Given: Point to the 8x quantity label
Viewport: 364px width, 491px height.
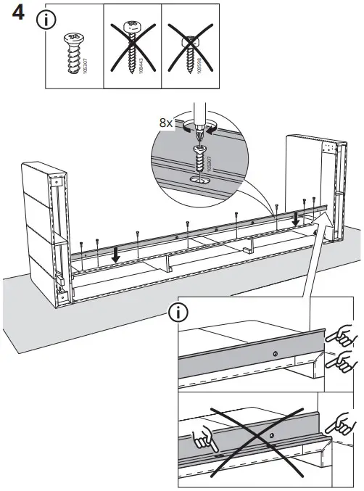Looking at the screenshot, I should (x=166, y=123).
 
